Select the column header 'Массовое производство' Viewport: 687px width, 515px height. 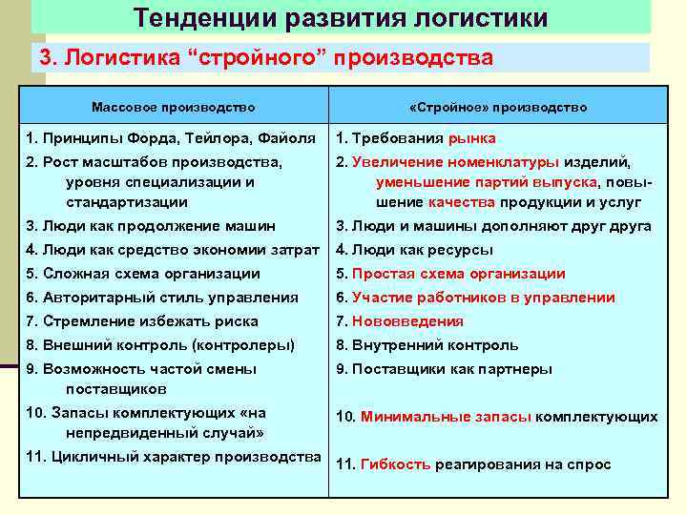click(173, 108)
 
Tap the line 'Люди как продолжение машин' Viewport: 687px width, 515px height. click(151, 226)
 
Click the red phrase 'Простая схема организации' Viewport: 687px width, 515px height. click(458, 274)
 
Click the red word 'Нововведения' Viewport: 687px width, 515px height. click(407, 321)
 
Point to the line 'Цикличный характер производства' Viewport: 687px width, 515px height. click(173, 456)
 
